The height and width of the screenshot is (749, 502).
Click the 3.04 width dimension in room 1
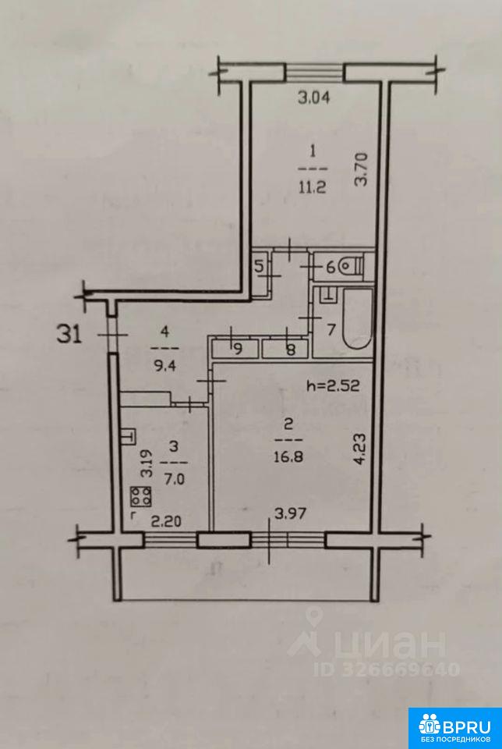pos(314,98)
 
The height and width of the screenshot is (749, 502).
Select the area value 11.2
pos(313,187)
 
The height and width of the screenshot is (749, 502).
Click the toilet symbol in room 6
pos(352,267)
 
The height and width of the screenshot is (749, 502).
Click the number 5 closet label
pos(259,267)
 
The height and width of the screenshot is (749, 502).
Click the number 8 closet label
pos(290,350)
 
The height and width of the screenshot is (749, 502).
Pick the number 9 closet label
pos(237,350)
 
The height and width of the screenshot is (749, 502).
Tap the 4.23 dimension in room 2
pos(361,449)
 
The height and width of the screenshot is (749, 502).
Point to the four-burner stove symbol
pos(141,496)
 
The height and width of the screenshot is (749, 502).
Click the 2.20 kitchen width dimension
pos(165,522)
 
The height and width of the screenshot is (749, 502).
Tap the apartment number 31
pos(69,335)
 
